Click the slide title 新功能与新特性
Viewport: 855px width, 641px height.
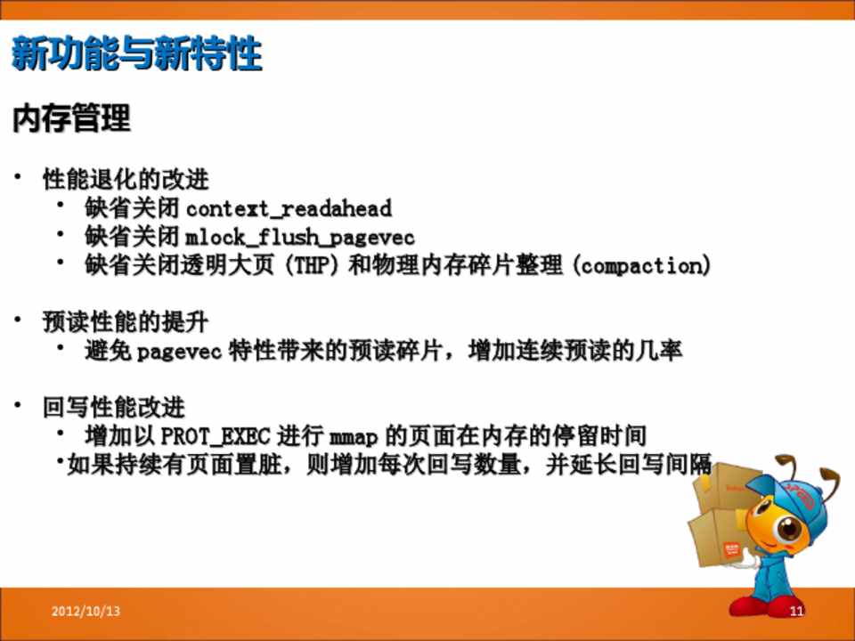137,53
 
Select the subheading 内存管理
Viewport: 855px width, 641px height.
71,118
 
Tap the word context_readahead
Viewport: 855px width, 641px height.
289,208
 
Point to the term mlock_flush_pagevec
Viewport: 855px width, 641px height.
300,237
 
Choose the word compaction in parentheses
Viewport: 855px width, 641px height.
643,265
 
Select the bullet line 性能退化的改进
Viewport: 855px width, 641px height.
126,179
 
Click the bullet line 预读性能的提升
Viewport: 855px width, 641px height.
126,322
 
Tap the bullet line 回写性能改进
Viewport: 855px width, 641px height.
114,407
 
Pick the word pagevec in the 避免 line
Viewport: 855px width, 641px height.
179,352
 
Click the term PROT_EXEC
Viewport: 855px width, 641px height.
216,436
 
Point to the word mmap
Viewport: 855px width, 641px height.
354,437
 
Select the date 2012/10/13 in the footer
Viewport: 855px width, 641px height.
85,611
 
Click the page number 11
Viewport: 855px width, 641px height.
796,611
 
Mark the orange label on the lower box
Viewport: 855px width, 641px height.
730,549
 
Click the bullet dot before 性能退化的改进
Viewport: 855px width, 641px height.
18,176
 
